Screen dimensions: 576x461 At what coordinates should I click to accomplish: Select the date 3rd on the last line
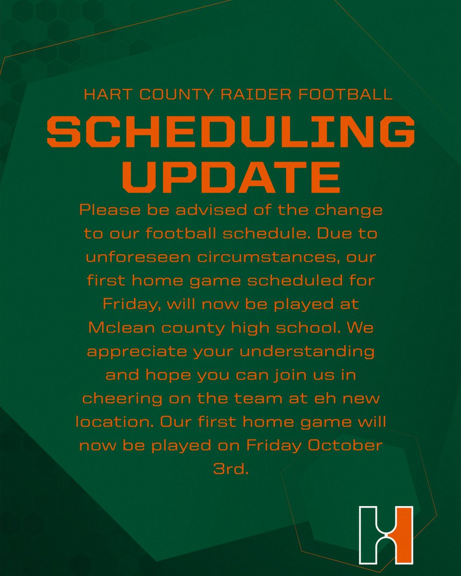tap(230, 469)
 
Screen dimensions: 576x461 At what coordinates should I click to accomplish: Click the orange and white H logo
tap(386, 534)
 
